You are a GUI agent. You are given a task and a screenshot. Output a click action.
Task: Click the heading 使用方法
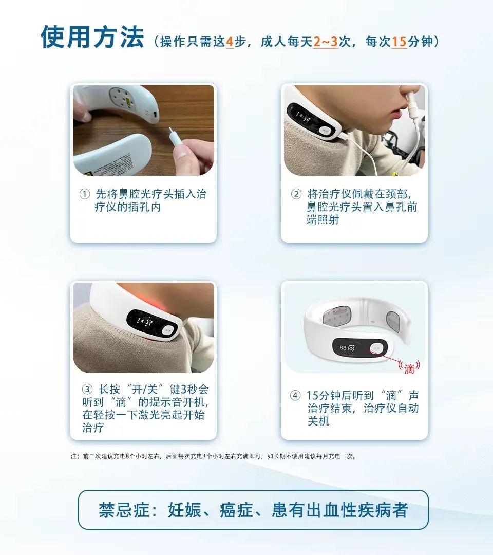pyautogui.click(x=92, y=38)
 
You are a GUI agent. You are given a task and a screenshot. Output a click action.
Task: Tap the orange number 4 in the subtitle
pyautogui.click(x=230, y=42)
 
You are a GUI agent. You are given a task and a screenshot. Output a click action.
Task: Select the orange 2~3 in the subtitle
pyautogui.click(x=326, y=42)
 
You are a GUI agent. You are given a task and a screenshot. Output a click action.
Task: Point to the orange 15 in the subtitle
pyautogui.click(x=399, y=42)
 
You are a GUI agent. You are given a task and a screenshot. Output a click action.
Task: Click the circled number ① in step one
pyautogui.click(x=84, y=195)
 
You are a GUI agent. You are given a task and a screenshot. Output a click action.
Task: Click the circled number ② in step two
pyautogui.click(x=296, y=194)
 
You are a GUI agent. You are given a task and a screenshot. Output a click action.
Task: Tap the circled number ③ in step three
pyautogui.click(x=87, y=389)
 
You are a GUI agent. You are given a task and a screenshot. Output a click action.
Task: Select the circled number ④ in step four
pyautogui.click(x=295, y=396)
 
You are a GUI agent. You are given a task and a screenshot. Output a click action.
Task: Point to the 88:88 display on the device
pyautogui.click(x=347, y=348)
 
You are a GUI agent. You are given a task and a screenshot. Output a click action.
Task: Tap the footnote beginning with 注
pyautogui.click(x=213, y=456)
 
